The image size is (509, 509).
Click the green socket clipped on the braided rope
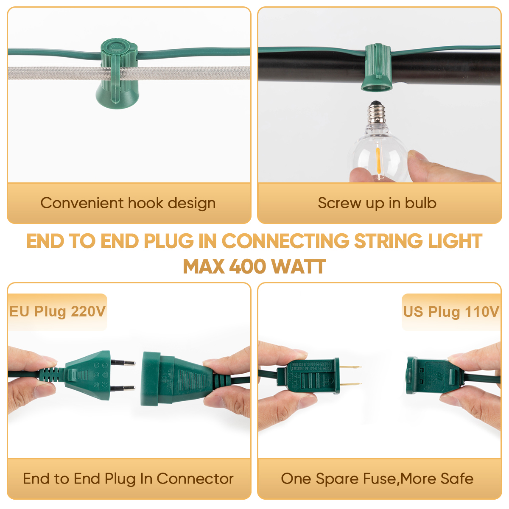[119, 76]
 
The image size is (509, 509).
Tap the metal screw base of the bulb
[377, 113]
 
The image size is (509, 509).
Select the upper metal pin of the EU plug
[123, 363]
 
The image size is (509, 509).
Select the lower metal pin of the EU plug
[123, 388]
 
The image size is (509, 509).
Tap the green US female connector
[426, 376]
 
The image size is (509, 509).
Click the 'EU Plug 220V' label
[57, 312]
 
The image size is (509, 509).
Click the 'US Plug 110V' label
[451, 312]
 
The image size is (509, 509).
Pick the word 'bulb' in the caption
[421, 203]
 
